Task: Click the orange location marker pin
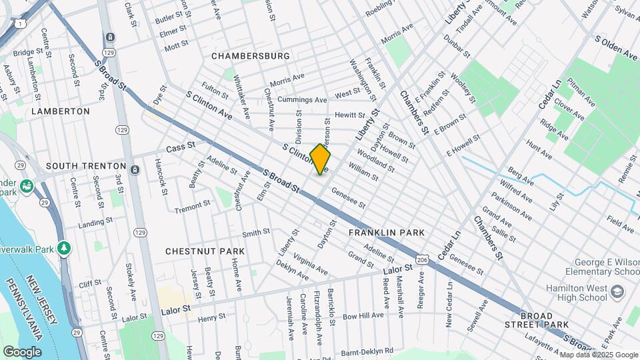tap(320, 159)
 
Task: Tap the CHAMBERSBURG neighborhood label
tap(251, 57)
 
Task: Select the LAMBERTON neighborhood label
tap(60, 111)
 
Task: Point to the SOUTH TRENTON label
tap(86, 165)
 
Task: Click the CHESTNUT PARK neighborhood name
tap(205, 251)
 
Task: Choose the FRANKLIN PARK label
tap(386, 233)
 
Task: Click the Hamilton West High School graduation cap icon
tap(617, 291)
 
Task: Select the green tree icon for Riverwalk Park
tap(64, 248)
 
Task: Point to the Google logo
tap(22, 351)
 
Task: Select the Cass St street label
tap(180, 147)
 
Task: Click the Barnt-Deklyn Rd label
tap(365, 350)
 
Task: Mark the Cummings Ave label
tap(302, 100)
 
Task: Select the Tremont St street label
tap(192, 209)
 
